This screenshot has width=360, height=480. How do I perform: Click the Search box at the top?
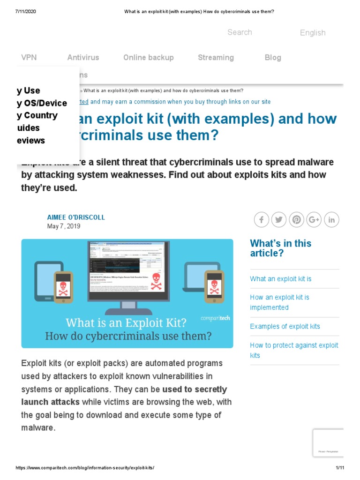point(240,32)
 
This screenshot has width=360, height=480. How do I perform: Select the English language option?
point(312,33)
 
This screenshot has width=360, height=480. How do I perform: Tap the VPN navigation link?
point(29,58)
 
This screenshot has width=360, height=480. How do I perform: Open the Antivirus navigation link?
point(83,58)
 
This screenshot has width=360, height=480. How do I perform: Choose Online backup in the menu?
point(148,58)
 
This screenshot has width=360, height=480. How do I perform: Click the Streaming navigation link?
point(216,58)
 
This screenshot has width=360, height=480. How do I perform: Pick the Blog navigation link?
point(273,58)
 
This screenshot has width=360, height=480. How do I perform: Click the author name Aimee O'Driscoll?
point(76,217)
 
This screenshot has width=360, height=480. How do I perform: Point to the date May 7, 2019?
point(64,226)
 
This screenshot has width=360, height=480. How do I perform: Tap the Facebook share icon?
point(261,219)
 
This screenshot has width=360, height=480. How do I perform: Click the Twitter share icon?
point(279,219)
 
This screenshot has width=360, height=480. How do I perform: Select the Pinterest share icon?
point(296,219)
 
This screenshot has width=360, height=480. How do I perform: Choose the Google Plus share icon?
point(314,219)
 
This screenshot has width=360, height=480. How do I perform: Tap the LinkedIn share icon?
point(331,219)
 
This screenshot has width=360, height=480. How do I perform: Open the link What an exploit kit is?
point(280,279)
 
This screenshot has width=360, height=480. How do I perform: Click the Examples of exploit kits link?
point(285,326)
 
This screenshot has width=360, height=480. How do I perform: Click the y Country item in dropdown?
point(37,116)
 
